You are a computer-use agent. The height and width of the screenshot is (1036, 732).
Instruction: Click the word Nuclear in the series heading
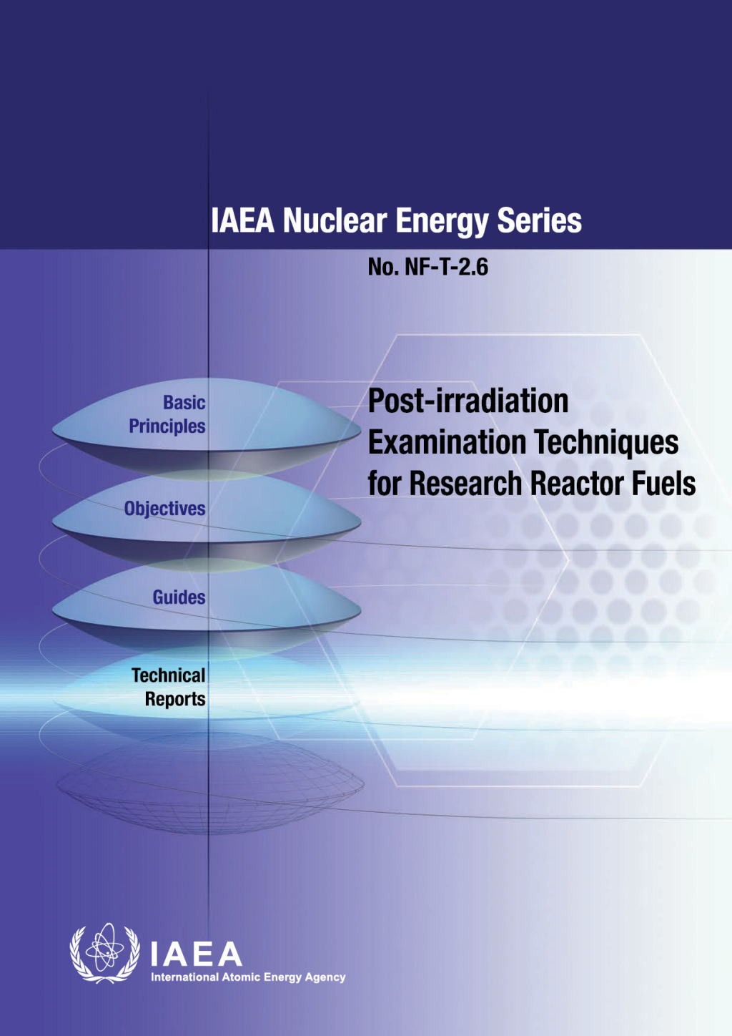click(x=335, y=220)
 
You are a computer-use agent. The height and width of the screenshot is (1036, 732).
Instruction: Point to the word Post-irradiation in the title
click(x=468, y=401)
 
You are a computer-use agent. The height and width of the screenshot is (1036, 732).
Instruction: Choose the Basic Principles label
click(x=168, y=414)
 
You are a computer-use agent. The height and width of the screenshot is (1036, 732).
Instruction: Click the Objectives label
click(x=164, y=509)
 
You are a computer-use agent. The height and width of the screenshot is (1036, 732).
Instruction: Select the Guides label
click(x=179, y=597)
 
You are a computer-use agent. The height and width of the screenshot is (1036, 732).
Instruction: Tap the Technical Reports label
click(x=169, y=687)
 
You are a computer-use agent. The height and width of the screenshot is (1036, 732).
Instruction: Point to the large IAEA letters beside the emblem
click(x=196, y=954)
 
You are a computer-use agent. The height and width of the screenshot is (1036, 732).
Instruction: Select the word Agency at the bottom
click(x=325, y=977)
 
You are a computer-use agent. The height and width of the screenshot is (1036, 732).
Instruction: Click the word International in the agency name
click(x=184, y=977)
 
